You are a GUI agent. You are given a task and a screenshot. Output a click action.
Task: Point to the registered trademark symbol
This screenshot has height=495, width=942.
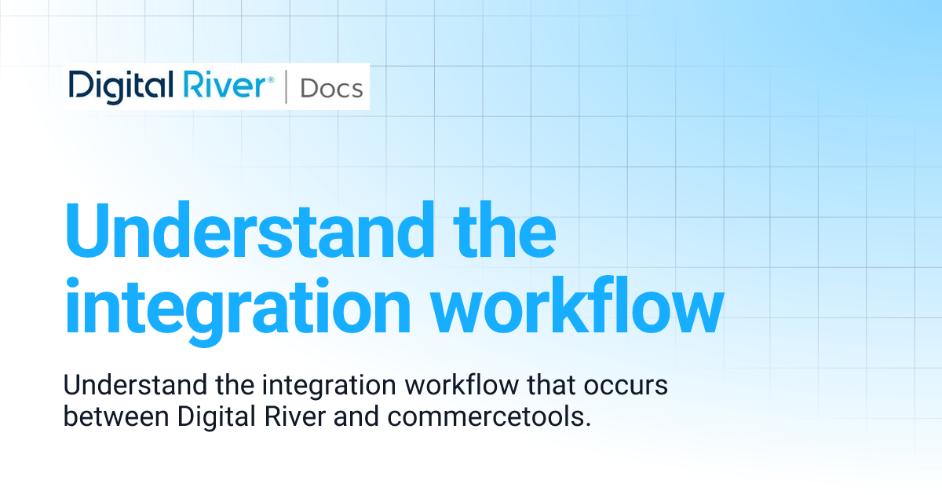(271, 79)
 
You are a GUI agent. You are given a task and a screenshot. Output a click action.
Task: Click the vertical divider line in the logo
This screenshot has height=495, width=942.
(285, 87)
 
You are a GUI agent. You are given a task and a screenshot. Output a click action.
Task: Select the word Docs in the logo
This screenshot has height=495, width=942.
(331, 88)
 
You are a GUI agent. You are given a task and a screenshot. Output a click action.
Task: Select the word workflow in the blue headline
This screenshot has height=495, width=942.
(576, 308)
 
